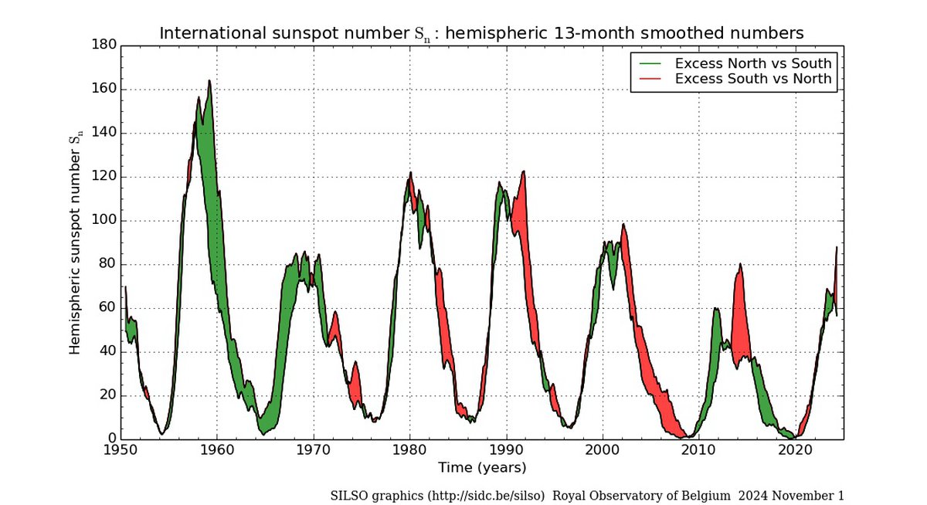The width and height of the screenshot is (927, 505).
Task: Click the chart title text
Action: click(x=481, y=33)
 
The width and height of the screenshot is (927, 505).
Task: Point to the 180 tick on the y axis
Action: click(x=105, y=46)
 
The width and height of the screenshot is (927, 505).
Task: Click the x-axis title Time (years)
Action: click(x=481, y=467)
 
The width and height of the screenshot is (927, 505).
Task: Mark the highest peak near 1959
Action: click(x=209, y=80)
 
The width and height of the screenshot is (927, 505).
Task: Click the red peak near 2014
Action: click(x=740, y=264)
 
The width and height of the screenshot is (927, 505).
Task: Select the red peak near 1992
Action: click(x=524, y=171)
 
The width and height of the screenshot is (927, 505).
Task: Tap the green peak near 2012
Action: click(x=716, y=309)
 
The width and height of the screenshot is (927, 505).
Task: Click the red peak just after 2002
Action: click(x=623, y=225)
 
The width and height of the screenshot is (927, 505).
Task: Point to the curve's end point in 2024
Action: click(x=837, y=247)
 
